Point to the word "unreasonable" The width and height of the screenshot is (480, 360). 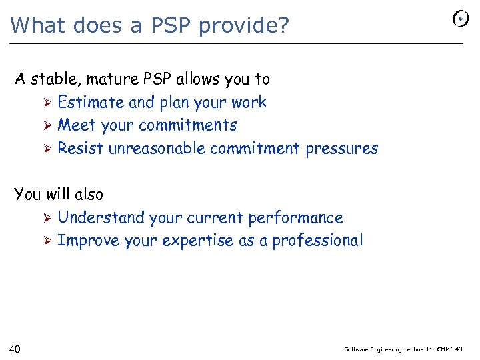coord(157,148)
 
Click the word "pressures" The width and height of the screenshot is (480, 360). coord(341,148)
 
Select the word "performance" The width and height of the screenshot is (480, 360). coord(295,217)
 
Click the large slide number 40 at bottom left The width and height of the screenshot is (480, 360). coord(15,349)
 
